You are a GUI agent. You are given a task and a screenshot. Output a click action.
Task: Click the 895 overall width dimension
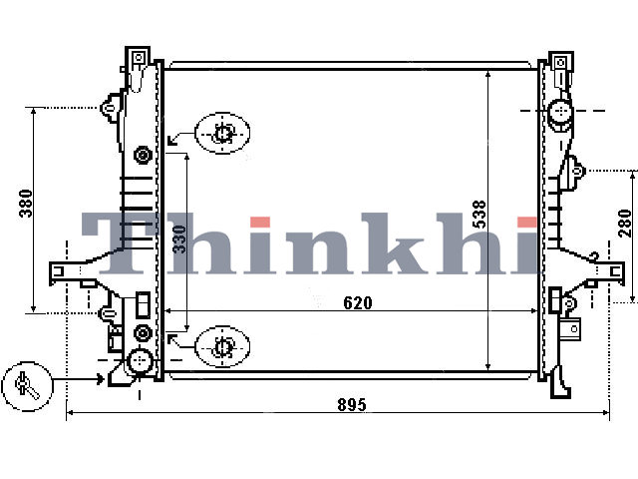[352, 404]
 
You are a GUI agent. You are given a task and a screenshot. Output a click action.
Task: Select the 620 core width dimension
[357, 303]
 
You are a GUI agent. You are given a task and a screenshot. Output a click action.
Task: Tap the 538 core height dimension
[480, 214]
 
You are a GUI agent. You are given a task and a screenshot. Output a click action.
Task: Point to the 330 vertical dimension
[179, 239]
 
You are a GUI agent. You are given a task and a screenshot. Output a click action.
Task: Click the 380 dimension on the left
[26, 204]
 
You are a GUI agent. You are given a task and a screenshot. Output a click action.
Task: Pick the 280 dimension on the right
[625, 223]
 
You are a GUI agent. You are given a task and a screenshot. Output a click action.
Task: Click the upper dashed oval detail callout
[222, 133]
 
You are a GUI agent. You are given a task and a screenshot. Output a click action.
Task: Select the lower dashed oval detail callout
[222, 347]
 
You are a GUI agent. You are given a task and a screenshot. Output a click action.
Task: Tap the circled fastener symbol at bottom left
[27, 386]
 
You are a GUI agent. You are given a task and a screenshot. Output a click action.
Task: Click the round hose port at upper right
[560, 111]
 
